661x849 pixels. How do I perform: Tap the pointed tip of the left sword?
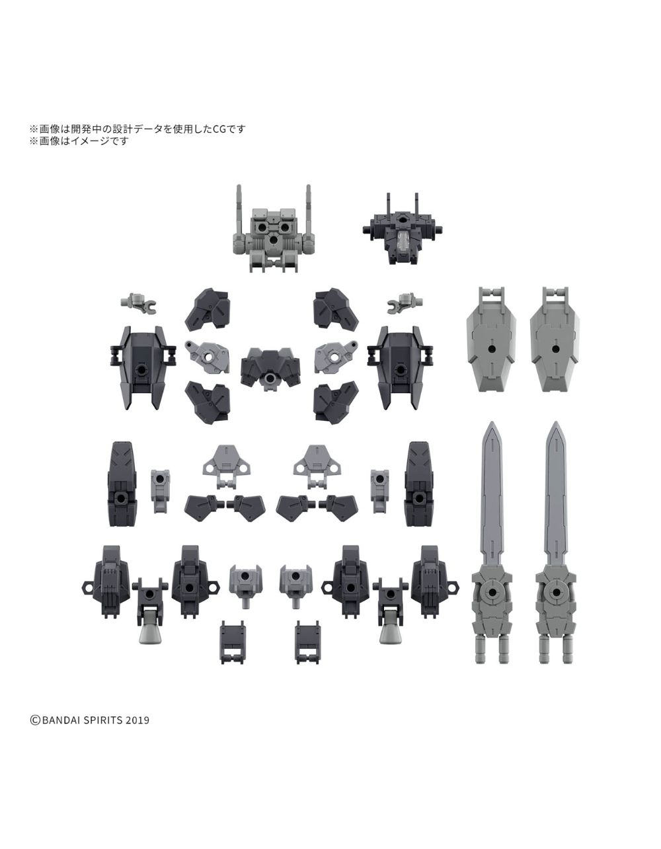pos(492,422)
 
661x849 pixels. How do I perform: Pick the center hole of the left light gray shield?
pos(492,348)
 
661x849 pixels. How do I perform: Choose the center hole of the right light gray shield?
pos(555,348)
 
